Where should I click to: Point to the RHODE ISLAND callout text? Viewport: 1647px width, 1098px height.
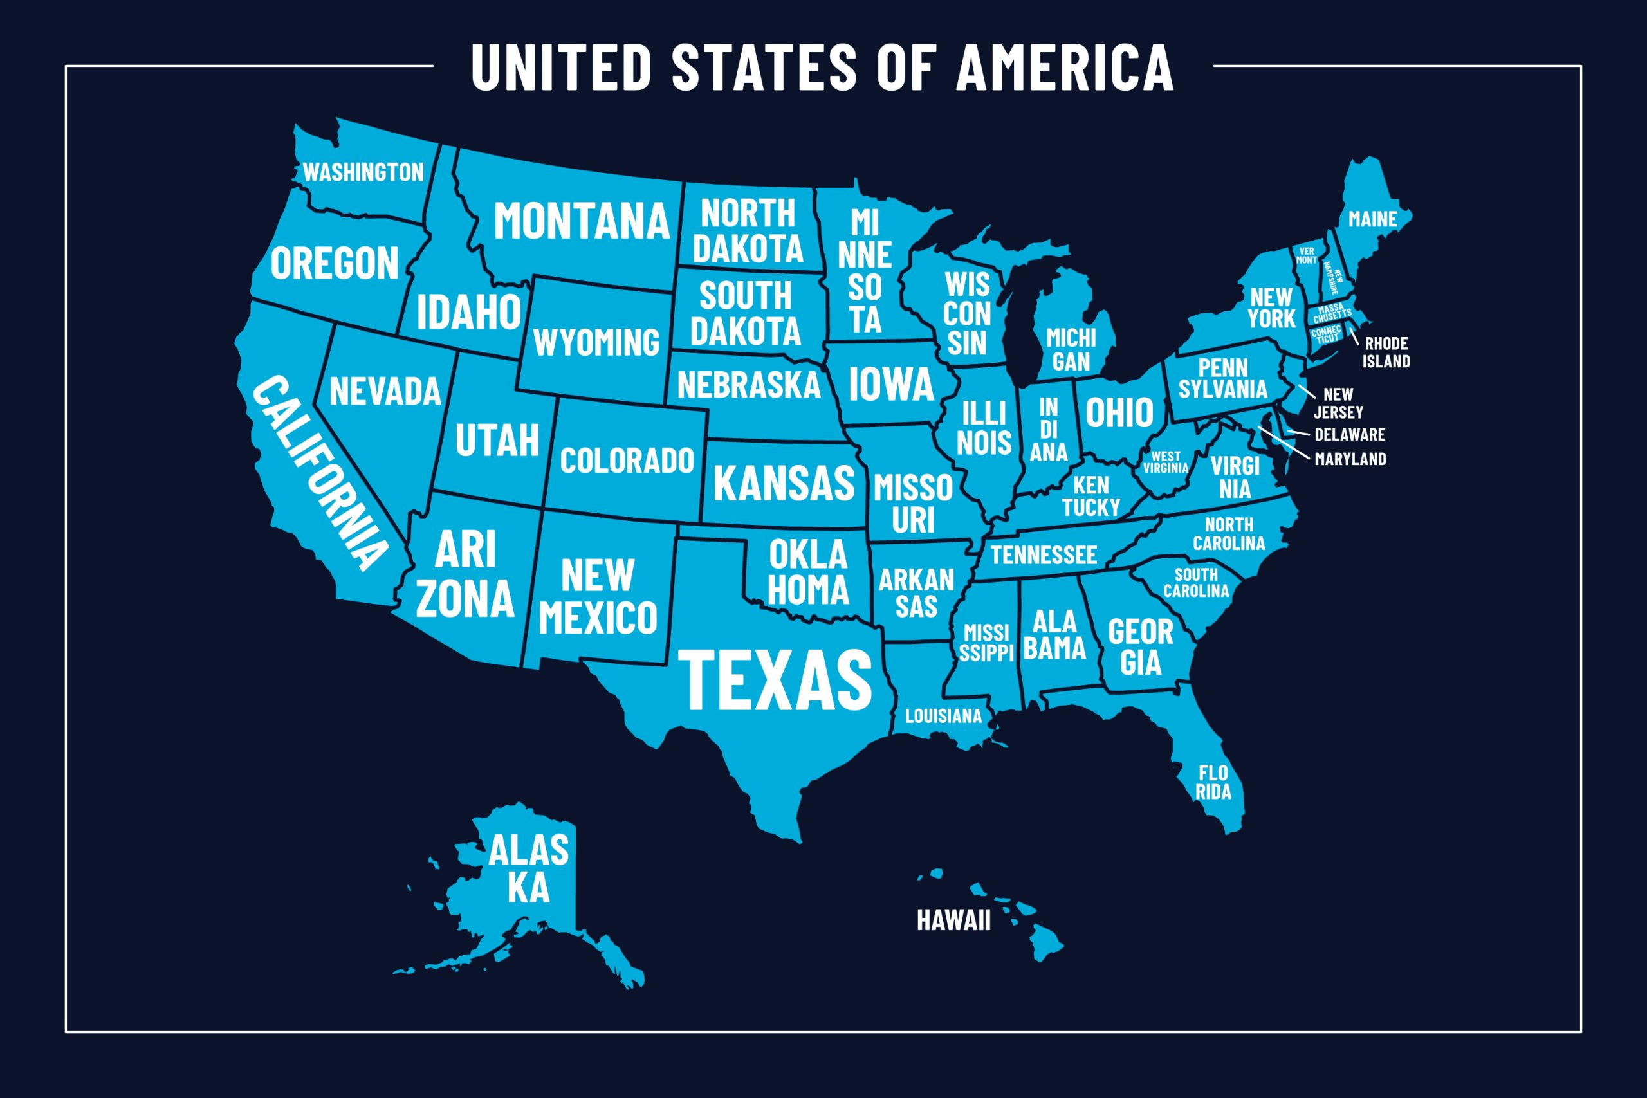(x=1386, y=352)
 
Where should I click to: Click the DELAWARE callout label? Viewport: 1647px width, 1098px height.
(x=1349, y=434)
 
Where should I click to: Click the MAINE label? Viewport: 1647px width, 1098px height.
(x=1372, y=219)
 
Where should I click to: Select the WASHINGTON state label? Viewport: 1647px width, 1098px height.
(x=363, y=172)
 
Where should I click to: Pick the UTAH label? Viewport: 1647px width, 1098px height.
(x=497, y=440)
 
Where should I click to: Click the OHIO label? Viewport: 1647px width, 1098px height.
(x=1119, y=412)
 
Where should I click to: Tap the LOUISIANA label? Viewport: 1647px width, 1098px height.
(x=943, y=717)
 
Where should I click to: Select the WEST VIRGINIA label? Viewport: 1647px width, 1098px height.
(x=1165, y=462)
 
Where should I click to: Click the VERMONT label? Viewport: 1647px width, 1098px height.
(x=1307, y=255)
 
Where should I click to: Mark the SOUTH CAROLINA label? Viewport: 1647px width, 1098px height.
(x=1195, y=583)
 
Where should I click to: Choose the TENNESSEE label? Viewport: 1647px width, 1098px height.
(x=1043, y=555)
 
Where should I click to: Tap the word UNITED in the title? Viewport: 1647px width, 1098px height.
(x=562, y=68)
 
